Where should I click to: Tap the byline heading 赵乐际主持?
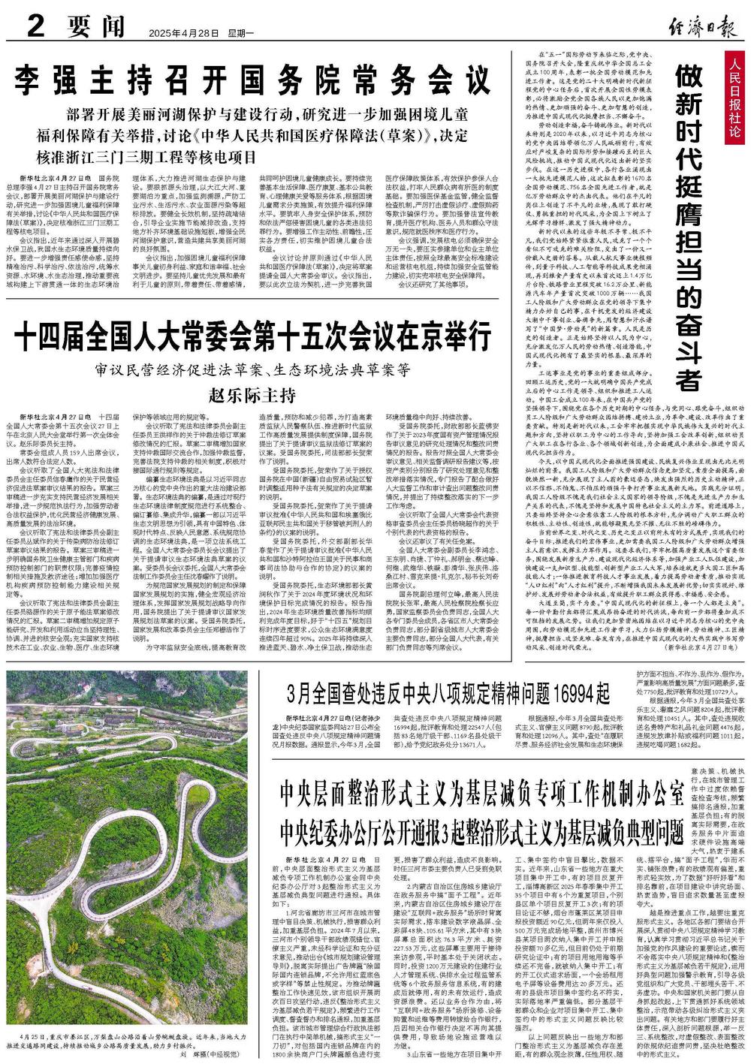(251, 394)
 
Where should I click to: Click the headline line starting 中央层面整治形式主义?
(481, 791)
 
